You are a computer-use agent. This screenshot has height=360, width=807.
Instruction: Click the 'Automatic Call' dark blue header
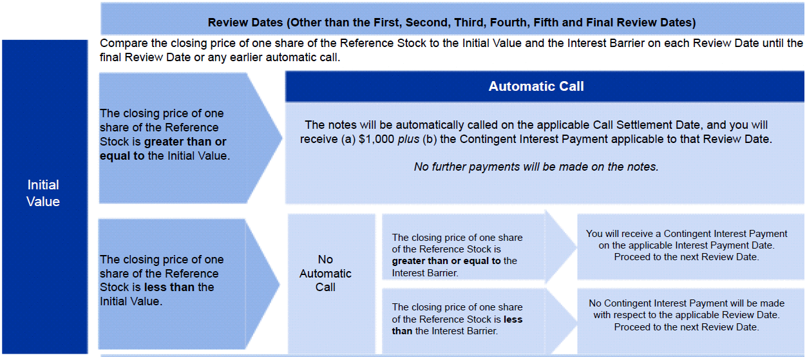tap(544, 86)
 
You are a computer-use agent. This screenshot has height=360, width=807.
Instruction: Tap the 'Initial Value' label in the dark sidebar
tap(43, 193)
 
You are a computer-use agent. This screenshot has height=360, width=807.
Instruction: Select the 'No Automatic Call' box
tap(331, 283)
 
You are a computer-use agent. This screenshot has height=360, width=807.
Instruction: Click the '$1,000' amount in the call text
tap(376, 139)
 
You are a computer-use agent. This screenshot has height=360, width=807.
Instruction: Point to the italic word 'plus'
tap(408, 140)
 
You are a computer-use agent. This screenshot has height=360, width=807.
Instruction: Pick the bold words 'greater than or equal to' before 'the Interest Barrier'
tap(446, 261)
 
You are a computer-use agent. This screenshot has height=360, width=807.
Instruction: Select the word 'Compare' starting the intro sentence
tap(124, 43)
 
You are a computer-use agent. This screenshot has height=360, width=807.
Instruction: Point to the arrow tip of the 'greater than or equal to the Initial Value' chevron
tap(281, 137)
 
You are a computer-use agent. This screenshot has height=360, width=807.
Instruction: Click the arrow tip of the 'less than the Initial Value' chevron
tap(280, 284)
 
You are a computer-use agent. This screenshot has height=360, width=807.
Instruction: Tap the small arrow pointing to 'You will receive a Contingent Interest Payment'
tap(561, 247)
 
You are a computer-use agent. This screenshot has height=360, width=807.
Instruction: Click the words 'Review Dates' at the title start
tap(245, 23)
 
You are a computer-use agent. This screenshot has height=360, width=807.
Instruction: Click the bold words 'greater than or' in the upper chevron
tap(185, 142)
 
